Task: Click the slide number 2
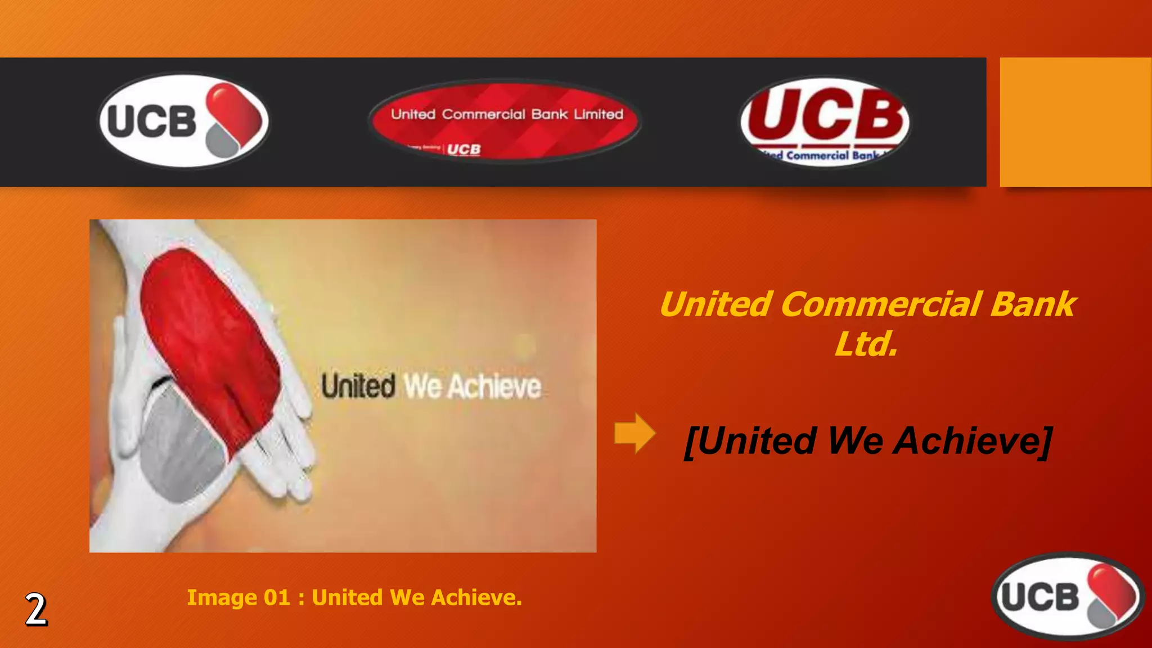point(36,610)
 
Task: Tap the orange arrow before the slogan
point(634,433)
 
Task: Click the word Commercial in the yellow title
point(880,304)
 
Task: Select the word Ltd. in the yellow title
point(866,344)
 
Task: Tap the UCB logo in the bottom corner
point(1067,596)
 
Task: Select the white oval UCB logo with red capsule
point(184,121)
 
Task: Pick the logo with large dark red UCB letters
point(825,121)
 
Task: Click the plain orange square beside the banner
point(1075,121)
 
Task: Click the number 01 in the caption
point(277,597)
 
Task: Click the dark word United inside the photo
point(358,386)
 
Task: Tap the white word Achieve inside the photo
point(494,387)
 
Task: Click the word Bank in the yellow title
point(1033,304)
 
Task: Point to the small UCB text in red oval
point(464,149)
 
